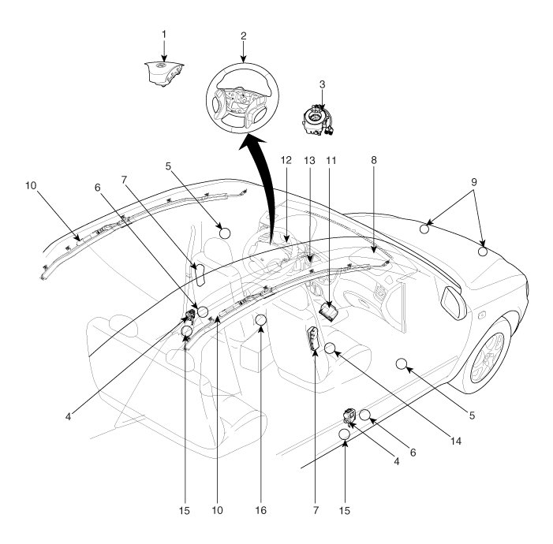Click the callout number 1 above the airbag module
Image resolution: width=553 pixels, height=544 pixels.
[x=163, y=34]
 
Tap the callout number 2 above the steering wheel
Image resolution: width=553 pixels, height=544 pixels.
[x=244, y=36]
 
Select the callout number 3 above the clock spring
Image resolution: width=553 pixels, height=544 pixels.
[x=321, y=83]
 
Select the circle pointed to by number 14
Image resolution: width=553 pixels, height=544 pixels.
[x=331, y=348]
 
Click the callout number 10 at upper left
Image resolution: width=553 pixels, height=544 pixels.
[x=31, y=187]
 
